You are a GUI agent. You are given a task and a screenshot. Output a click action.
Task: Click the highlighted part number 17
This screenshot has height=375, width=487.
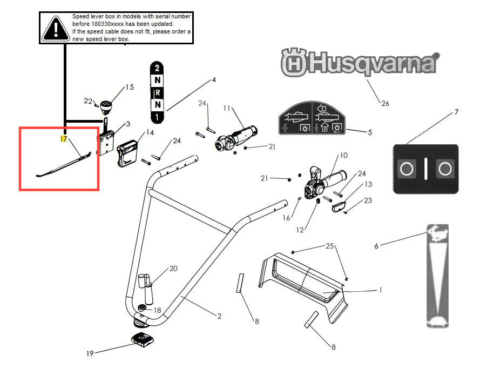pyautogui.click(x=63, y=139)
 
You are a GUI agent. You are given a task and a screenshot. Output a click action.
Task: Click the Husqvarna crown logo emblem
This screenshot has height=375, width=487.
pyautogui.click(x=294, y=62)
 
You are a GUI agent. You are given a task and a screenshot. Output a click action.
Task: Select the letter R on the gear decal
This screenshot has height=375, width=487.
pyautogui.click(x=158, y=92)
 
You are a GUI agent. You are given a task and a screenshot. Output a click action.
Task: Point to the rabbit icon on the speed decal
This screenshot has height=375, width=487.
pyautogui.click(x=437, y=233)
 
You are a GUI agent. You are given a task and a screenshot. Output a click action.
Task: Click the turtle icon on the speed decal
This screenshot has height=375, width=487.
pyautogui.click(x=437, y=322)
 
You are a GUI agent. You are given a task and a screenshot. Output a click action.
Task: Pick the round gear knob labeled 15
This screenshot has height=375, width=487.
pyautogui.click(x=106, y=107)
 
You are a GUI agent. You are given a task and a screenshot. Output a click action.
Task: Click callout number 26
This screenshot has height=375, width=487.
pyautogui.click(x=385, y=104)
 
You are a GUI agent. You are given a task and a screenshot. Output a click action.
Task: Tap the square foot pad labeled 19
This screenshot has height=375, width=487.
pyautogui.click(x=142, y=339)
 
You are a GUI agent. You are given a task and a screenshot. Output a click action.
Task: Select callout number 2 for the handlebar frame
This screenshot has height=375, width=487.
pyautogui.click(x=219, y=316)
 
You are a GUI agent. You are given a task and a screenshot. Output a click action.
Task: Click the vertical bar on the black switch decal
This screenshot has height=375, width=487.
pyautogui.click(x=425, y=169)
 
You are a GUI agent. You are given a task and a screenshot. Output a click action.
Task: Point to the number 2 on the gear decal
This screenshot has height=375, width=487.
pyautogui.click(x=157, y=68)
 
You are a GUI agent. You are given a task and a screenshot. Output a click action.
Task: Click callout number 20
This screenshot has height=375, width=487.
pyautogui.click(x=173, y=269)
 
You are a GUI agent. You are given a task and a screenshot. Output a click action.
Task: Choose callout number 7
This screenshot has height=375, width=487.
pyautogui.click(x=456, y=112)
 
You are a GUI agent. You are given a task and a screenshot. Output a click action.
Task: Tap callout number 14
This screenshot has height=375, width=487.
pyautogui.click(x=150, y=132)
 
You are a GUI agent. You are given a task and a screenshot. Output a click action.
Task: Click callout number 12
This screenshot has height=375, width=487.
pyautogui.click(x=300, y=230)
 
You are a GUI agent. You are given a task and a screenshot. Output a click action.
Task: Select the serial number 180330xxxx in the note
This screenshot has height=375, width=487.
pyautogui.click(x=107, y=24)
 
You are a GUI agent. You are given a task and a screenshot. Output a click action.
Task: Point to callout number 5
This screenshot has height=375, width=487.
pyautogui.click(x=370, y=132)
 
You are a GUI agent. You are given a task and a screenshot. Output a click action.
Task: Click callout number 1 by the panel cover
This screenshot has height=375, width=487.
pyautogui.click(x=381, y=290)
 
